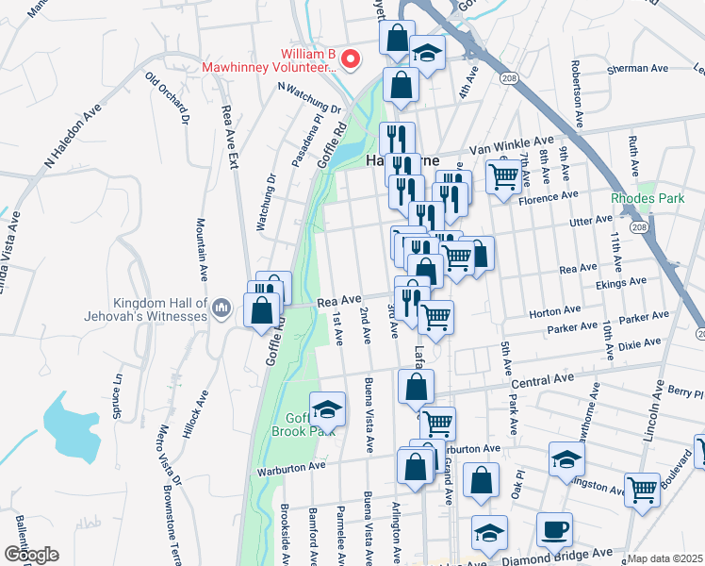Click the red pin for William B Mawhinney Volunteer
pos(352,58)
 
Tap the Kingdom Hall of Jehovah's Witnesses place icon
pos(221,308)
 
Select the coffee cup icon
pos(554,529)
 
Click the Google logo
pos(31,554)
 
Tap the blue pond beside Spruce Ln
pos(73,424)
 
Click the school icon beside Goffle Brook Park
pos(327,409)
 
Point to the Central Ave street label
pos(542,381)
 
